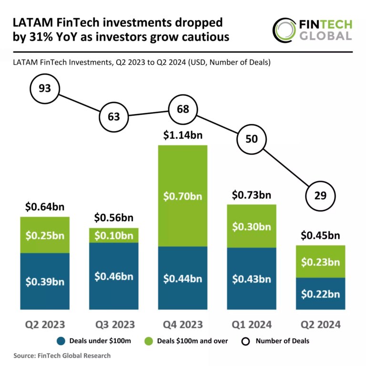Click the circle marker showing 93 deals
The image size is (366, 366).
click(45, 88)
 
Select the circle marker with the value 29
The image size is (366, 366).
click(320, 196)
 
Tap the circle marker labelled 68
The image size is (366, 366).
click(183, 109)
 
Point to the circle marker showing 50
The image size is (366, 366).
click(252, 139)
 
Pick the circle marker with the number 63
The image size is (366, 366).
click(114, 117)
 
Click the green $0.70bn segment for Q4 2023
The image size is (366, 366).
click(183, 195)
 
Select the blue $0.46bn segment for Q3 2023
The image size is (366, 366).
click(114, 276)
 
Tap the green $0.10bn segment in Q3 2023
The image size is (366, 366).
click(114, 235)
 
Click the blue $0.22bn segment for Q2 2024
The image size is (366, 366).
click(320, 294)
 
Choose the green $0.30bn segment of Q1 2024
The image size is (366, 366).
click(252, 226)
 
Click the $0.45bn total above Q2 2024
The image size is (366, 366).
click(320, 235)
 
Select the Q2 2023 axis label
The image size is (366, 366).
click(45, 325)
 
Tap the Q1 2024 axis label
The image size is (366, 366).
click(252, 325)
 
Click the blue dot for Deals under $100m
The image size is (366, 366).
click(61, 341)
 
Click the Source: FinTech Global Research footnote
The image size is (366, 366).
click(62, 356)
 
